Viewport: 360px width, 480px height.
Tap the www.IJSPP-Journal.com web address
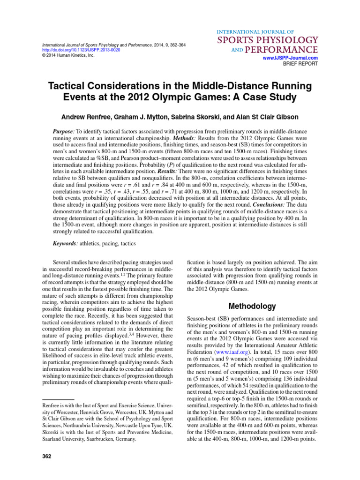pyautogui.click(x=292, y=58)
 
